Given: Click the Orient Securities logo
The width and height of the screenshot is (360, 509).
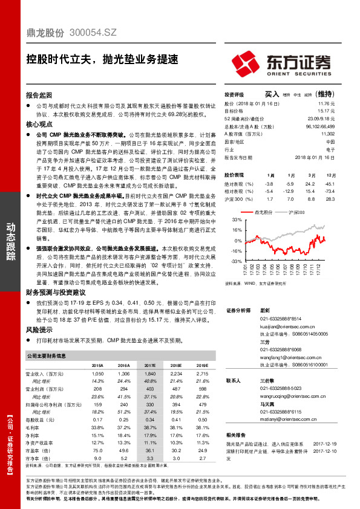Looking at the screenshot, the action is click(281, 62).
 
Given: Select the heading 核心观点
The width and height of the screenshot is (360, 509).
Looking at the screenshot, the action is click(40, 123).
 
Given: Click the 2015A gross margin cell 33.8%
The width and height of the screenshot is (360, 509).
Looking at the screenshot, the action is click(97, 426).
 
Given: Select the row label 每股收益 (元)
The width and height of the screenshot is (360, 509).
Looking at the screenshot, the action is click(43, 419).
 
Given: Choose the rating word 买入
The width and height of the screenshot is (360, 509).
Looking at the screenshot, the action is click(272, 94).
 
